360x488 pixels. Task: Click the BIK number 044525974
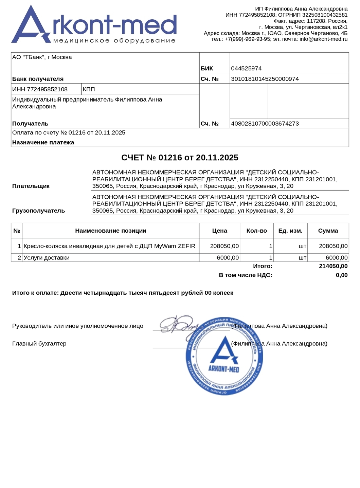246,69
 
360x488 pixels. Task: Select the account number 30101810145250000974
265,79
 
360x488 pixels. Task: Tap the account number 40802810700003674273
265,124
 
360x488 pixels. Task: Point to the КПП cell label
89,90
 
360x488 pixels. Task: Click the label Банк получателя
38,79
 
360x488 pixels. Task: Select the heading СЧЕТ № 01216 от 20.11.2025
180,158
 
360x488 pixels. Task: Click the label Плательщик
31,186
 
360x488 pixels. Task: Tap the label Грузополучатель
38,211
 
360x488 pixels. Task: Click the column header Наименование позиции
111,231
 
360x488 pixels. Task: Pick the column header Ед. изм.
290,231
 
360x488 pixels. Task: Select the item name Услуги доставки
47,258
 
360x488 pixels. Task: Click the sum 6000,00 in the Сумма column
337,258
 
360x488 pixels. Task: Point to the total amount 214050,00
333,266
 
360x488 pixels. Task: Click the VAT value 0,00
342,275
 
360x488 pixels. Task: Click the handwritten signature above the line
178,324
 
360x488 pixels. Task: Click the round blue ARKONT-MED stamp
224,357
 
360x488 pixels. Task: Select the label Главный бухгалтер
39,344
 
